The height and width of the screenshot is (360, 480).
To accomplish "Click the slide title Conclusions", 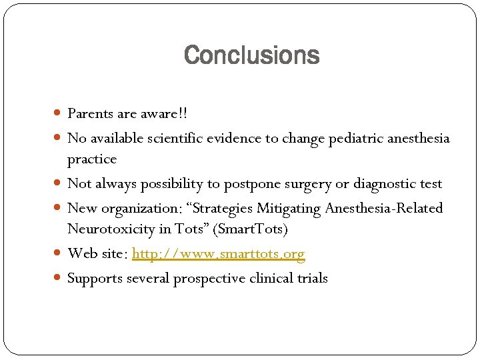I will pos(251,55).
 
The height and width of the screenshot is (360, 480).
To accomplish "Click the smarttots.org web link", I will pos(219,254).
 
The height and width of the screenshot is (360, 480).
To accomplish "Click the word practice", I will pos(92,159).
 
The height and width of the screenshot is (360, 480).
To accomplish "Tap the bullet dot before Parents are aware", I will pos(59,114).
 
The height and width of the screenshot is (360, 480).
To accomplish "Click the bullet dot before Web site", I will pos(59,254).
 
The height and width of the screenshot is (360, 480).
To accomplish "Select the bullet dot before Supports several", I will pos(59,279).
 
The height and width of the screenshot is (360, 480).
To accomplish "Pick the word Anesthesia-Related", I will pos(383,209).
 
